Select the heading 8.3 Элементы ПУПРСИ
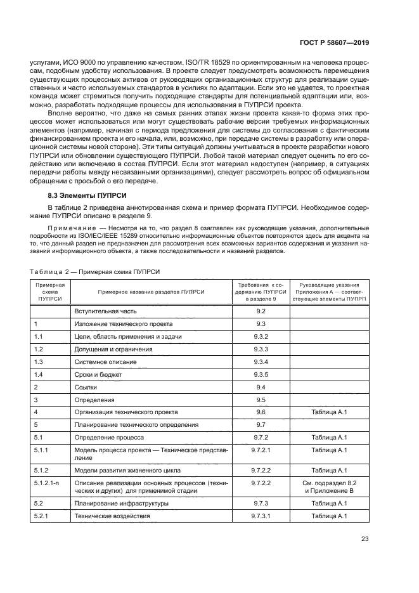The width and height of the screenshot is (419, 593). [84, 200]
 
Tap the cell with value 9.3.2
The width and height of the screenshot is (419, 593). [261, 336]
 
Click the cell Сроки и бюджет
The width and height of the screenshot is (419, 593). [100, 374]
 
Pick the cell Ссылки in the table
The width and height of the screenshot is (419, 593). [88, 387]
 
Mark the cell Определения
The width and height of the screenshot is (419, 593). [95, 400]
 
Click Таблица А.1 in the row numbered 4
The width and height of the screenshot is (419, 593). [329, 412]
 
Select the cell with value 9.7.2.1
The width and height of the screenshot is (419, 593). [261, 450]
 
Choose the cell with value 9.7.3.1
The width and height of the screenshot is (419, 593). [261, 516]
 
